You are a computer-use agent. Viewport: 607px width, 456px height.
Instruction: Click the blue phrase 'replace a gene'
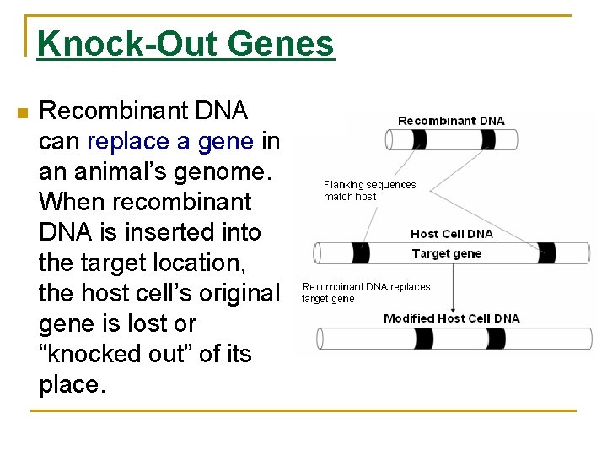[x=169, y=140]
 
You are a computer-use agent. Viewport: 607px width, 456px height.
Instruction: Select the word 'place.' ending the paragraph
[x=73, y=384]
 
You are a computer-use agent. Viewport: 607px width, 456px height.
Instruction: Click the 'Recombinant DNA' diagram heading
[x=451, y=121]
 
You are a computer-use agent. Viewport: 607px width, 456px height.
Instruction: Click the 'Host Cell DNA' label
[x=451, y=234]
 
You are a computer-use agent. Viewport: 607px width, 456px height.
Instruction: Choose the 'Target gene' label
[x=446, y=253]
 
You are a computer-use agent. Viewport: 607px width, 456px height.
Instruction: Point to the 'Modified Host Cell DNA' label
[x=451, y=318]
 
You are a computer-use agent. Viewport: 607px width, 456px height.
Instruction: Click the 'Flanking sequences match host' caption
[x=369, y=191]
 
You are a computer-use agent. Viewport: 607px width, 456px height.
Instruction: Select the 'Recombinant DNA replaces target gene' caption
[x=366, y=293]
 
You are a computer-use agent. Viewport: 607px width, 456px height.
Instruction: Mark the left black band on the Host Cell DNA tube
[x=359, y=252]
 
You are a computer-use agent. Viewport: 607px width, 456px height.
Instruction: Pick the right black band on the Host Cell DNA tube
[x=547, y=252]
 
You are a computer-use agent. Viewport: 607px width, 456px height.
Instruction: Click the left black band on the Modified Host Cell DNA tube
[x=422, y=339]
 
